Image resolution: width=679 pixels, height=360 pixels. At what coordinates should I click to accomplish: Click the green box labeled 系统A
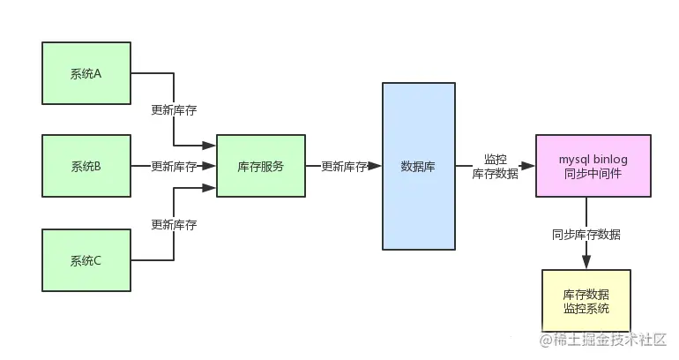pyautogui.click(x=86, y=73)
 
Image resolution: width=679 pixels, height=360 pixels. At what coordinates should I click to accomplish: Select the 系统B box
pyautogui.click(x=86, y=166)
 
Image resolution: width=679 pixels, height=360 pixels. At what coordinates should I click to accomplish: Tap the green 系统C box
pyautogui.click(x=86, y=259)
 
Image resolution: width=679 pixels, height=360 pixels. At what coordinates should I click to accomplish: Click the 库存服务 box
pyautogui.click(x=261, y=166)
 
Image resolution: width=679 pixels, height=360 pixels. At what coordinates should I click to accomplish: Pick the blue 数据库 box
pyautogui.click(x=419, y=166)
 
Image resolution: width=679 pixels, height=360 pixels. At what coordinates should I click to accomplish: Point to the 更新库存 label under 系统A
pyautogui.click(x=174, y=110)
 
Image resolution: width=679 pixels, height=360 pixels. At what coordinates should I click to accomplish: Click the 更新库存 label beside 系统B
pyautogui.click(x=174, y=166)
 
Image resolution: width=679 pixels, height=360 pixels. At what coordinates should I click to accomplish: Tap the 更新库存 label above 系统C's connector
pyautogui.click(x=174, y=223)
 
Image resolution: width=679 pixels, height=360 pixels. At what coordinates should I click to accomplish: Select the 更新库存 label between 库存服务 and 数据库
pyautogui.click(x=344, y=166)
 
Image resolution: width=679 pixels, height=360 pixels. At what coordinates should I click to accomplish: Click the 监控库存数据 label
pyautogui.click(x=495, y=166)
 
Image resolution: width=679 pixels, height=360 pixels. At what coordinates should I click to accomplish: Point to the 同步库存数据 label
pyautogui.click(x=586, y=234)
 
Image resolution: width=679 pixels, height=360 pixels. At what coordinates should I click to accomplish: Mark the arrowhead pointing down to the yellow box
pyautogui.click(x=586, y=262)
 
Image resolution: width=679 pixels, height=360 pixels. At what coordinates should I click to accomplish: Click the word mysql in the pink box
pyautogui.click(x=574, y=158)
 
